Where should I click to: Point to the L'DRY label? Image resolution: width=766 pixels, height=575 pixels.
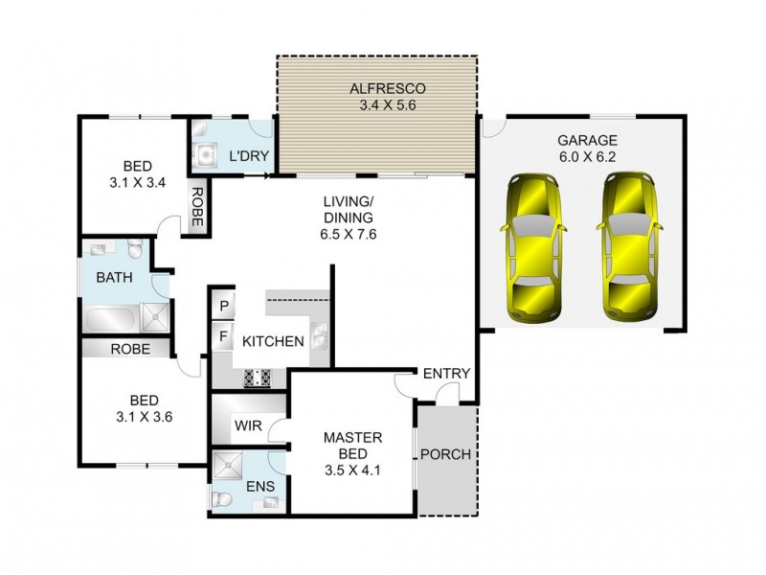click(247, 155)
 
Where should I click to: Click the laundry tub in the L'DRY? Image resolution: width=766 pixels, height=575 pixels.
click(205, 154)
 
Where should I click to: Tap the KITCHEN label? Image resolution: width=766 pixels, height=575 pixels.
click(273, 341)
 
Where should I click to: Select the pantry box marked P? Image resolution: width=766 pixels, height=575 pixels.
click(222, 306)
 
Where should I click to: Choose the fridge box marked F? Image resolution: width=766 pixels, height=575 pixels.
click(222, 337)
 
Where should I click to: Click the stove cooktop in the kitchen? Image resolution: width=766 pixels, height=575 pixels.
click(258, 379)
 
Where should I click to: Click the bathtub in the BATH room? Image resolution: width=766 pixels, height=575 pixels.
click(111, 317)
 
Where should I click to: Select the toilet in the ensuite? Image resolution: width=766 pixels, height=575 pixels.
click(222, 499)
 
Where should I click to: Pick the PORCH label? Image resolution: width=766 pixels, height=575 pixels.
click(446, 454)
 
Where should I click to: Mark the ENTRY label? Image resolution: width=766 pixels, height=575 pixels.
click(445, 373)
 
